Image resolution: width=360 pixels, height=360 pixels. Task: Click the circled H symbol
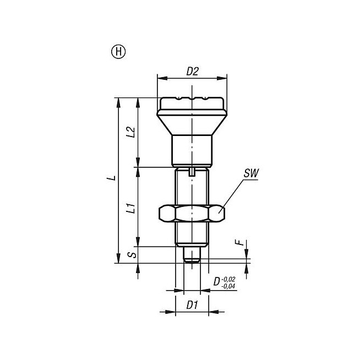[x=118, y=52]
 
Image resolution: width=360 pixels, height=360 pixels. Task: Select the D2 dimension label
[x=192, y=72]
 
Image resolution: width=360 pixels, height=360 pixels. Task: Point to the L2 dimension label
[x=131, y=132]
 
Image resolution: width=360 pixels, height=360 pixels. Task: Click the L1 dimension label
[x=131, y=208]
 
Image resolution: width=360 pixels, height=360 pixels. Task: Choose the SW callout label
[x=251, y=173]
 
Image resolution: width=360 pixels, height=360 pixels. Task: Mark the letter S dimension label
[x=133, y=255]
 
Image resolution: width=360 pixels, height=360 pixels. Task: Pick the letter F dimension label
[x=239, y=242]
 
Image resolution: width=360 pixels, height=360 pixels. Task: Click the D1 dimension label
[x=192, y=305]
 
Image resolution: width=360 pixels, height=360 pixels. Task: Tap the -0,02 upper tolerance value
[x=228, y=279]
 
